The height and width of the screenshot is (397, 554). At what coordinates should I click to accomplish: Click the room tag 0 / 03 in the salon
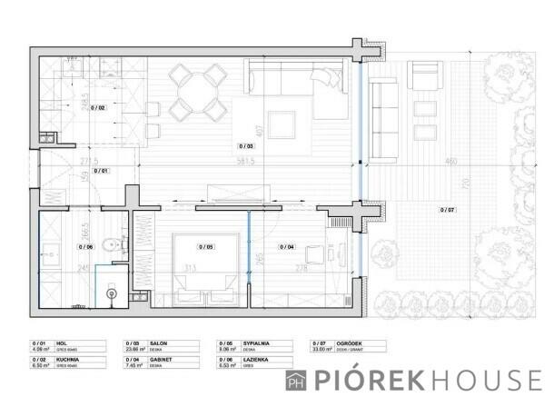pos(246,145)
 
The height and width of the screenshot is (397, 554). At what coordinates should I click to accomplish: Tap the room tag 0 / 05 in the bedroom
pos(206,246)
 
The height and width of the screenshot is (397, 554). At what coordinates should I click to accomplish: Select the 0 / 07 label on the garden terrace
pos(447,210)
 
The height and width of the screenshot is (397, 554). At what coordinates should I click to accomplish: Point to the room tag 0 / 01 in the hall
pos(100,171)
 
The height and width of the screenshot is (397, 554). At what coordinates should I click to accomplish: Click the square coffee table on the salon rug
pos(281,124)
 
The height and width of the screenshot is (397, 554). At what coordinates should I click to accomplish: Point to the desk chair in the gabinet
pos(313,255)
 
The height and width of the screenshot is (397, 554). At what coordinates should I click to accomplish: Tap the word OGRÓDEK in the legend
pos(349,344)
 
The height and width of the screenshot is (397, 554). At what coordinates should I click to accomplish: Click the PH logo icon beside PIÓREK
pos(295,380)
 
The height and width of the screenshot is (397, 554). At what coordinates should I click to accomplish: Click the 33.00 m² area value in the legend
pos(323,350)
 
